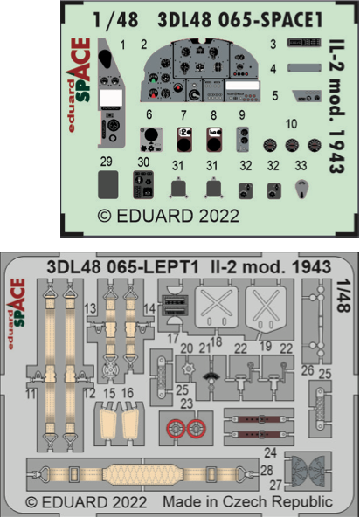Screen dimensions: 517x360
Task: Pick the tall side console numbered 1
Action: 112,87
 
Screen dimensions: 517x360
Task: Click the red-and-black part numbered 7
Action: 184,137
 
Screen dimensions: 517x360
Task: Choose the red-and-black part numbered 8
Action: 215,137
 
